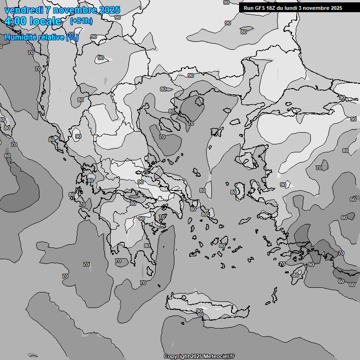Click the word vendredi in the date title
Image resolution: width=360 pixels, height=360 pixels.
click(23, 10)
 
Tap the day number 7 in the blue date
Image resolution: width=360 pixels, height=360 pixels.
click(48, 10)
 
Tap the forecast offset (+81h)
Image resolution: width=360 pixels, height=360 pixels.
click(81, 21)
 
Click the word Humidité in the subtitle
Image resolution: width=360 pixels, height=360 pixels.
click(21, 37)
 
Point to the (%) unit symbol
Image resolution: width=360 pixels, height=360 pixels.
click(72, 37)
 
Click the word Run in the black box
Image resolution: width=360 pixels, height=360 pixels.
click(248, 8)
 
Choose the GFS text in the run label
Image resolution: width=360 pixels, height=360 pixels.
click(261, 8)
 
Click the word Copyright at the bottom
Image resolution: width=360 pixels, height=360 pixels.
click(177, 356)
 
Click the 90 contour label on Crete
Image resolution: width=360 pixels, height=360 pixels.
click(199, 311)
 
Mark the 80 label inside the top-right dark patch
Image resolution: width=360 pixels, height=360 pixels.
click(243, 32)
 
